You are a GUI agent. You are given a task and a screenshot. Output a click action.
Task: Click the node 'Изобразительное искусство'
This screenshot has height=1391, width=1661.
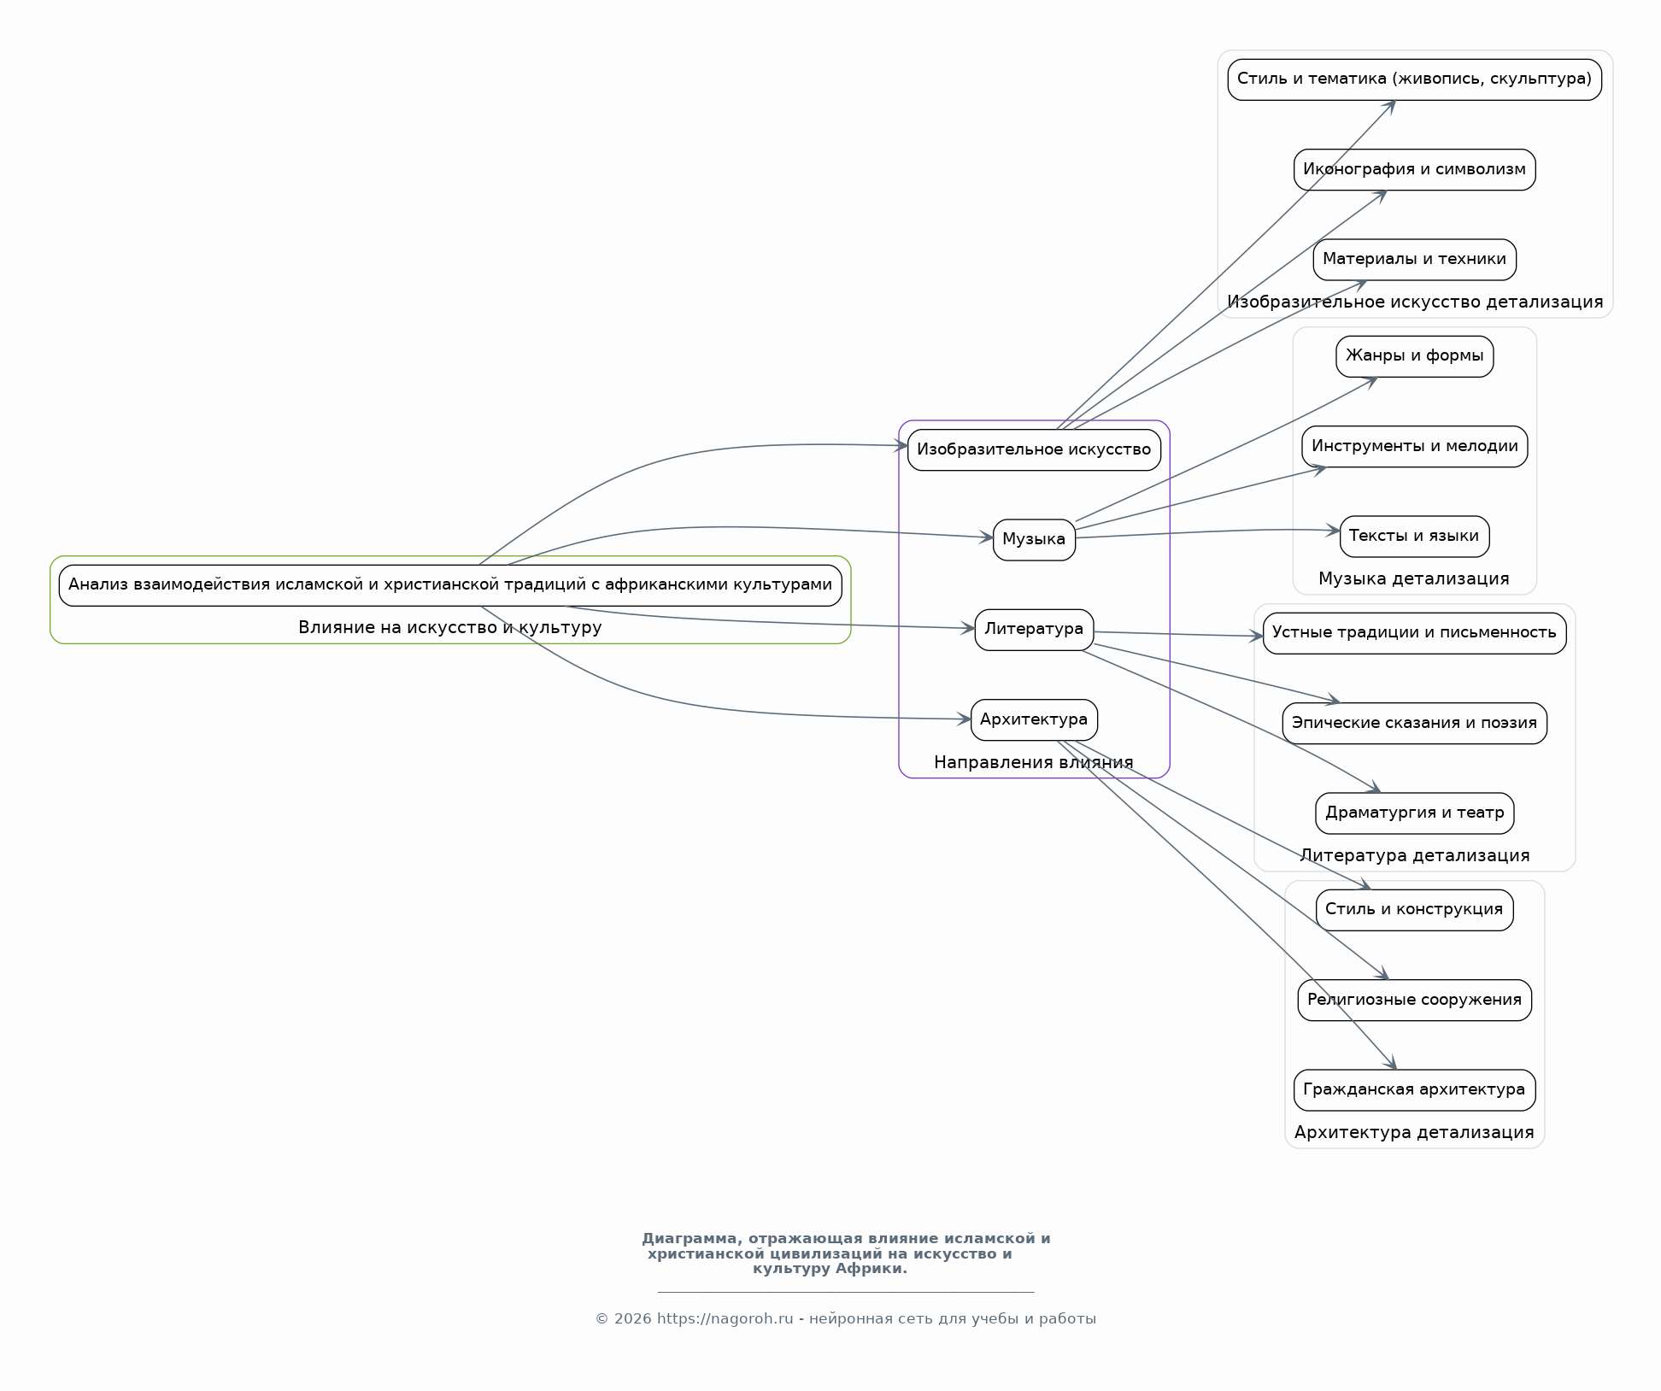pos(1034,449)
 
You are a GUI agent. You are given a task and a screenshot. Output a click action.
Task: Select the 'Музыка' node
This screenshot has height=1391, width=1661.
pos(1034,539)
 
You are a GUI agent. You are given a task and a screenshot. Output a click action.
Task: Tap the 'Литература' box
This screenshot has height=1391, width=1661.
pos(1034,630)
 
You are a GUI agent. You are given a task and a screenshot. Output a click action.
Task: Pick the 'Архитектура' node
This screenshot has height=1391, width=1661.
pos(1034,719)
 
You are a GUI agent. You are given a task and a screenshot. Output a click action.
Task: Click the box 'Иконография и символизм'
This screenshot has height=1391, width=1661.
pos(1414,169)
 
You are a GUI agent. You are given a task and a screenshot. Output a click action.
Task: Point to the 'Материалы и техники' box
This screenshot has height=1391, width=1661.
pos(1414,259)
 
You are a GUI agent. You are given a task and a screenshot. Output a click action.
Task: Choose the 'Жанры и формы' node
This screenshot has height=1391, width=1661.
pos(1414,355)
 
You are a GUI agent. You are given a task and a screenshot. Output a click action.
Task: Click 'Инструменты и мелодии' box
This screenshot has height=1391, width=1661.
pos(1414,446)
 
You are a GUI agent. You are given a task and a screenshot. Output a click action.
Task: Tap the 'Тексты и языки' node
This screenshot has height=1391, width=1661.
pos(1414,536)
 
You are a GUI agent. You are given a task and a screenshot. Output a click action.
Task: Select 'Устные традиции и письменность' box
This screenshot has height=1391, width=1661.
pos(1414,632)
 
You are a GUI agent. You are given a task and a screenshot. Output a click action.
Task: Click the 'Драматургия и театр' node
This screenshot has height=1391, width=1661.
pos(1414,813)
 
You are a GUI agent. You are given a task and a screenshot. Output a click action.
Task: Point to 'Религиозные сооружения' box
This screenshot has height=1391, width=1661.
pos(1414,1000)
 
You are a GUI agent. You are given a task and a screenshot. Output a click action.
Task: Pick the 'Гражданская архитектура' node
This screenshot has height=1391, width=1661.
pos(1414,1089)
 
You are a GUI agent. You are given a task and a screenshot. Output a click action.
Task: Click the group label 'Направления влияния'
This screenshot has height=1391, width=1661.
pos(1034,762)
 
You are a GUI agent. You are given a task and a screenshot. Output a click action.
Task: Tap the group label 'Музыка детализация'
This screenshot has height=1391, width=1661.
pos(1414,578)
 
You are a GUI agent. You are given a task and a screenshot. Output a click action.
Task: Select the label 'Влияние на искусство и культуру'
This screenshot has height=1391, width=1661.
pos(450,627)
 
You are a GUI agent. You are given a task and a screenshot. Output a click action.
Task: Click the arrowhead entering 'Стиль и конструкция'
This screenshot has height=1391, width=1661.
pos(1365,885)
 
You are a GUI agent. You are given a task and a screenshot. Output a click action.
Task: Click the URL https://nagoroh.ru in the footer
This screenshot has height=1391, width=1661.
pos(725,1318)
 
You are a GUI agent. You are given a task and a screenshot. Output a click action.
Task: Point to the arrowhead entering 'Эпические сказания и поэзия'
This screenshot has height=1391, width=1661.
pos(1333,701)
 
